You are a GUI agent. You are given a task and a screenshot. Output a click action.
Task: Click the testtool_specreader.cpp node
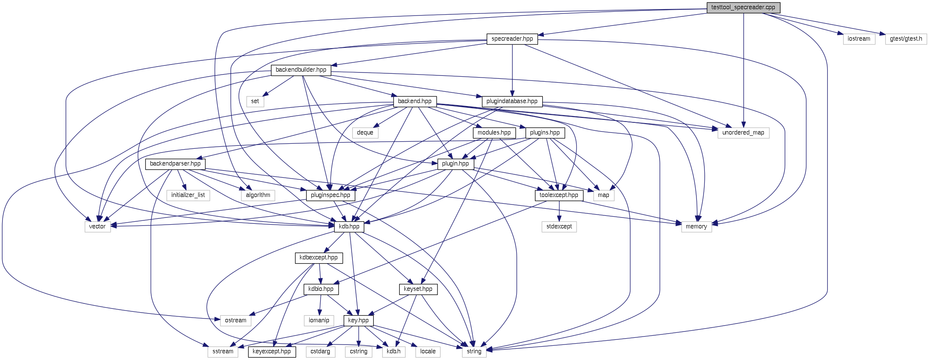[743, 8]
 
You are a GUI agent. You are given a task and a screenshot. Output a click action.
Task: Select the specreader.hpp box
[512, 39]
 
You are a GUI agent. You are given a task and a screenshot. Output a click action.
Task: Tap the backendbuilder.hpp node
[301, 70]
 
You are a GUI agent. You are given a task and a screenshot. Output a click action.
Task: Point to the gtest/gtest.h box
[906, 39]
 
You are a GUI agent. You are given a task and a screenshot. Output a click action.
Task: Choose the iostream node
[859, 39]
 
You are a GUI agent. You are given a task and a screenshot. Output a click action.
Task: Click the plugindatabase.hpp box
[512, 101]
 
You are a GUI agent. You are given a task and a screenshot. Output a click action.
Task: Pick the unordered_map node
[743, 133]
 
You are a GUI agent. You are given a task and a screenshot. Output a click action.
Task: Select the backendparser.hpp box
[175, 164]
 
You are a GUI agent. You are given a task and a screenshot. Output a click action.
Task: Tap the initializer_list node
[188, 195]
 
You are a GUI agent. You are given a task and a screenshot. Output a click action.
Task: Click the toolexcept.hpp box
[559, 195]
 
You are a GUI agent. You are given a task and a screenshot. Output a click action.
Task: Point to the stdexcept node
[559, 227]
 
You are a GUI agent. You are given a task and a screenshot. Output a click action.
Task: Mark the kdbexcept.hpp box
[318, 258]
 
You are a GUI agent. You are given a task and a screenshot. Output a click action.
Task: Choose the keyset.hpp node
[418, 289]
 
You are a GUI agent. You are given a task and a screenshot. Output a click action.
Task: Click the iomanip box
[319, 321]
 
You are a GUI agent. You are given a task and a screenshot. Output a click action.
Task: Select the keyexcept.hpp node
[272, 352]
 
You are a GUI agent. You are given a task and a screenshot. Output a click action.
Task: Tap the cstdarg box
[320, 352]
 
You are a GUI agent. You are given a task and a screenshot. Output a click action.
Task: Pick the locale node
[428, 352]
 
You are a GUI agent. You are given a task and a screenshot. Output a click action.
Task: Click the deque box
[365, 133]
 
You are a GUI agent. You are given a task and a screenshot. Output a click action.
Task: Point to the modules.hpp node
[494, 133]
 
